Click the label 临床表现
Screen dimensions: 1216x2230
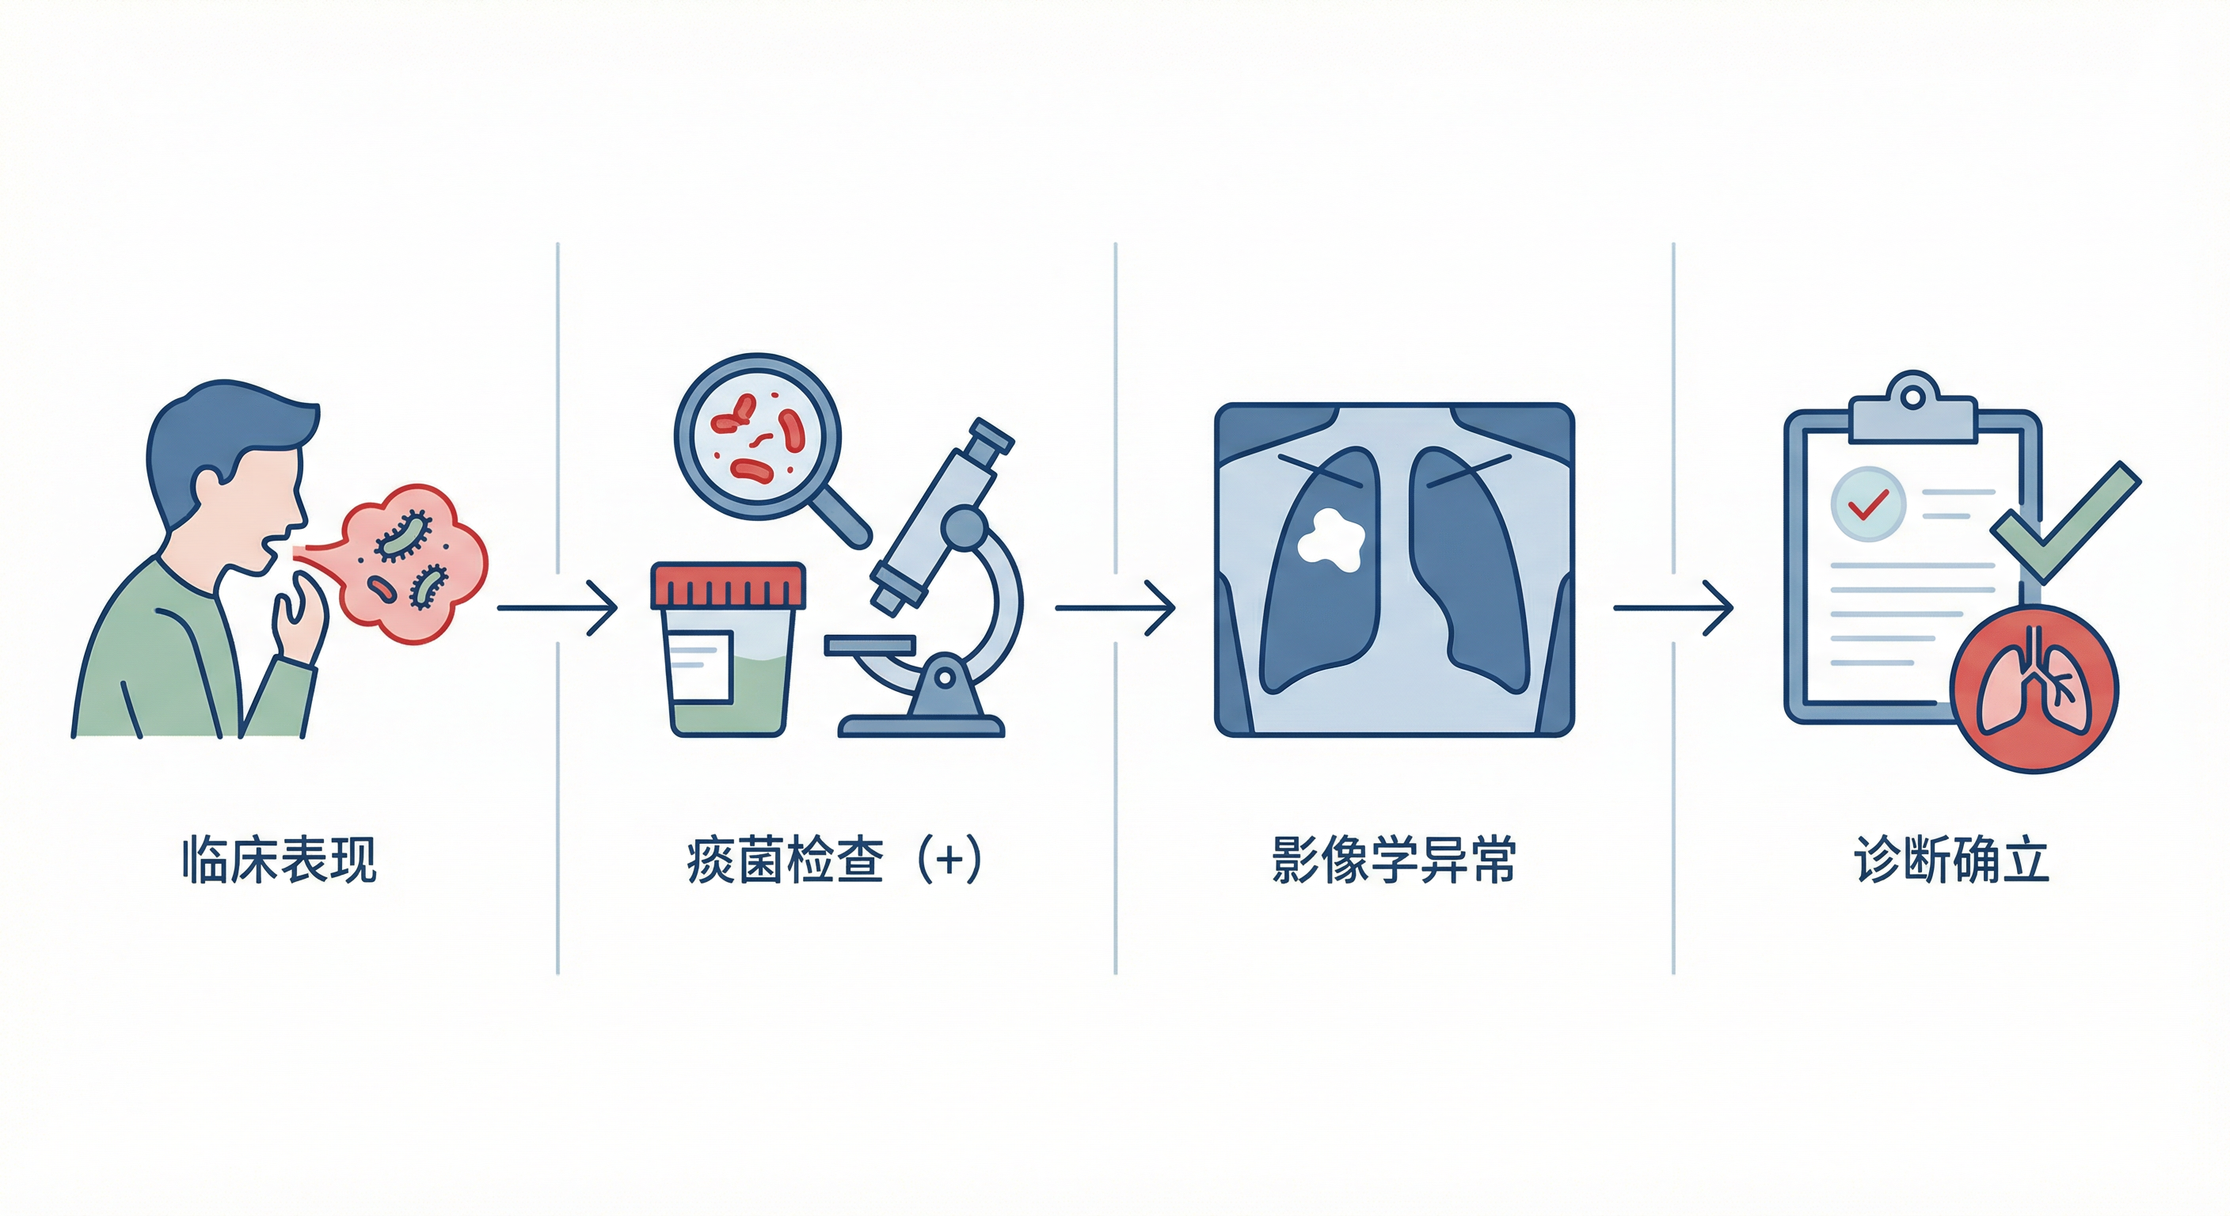[279, 860]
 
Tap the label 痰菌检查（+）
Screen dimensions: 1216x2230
[834, 860]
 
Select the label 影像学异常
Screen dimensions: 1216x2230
[1393, 860]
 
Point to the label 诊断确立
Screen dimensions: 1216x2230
[1951, 860]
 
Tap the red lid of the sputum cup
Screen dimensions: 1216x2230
[728, 585]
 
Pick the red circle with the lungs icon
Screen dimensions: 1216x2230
[2033, 688]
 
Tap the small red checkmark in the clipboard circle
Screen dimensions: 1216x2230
[1867, 503]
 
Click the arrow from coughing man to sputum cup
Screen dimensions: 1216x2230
[557, 609]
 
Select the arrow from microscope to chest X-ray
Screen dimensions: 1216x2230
[1115, 609]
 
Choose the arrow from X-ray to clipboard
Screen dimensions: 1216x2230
[1672, 609]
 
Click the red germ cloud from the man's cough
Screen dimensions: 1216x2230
[411, 563]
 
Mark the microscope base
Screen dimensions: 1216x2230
[921, 725]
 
